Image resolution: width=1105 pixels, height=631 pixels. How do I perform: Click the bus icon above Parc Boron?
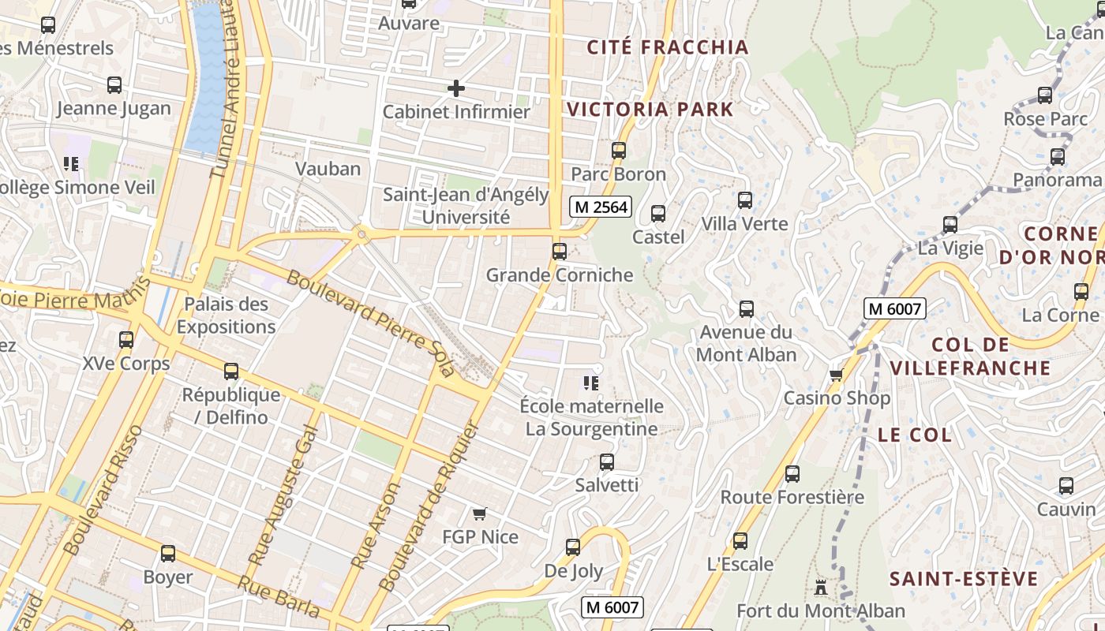click(x=619, y=150)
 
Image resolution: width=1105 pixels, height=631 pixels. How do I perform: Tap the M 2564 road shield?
click(x=601, y=207)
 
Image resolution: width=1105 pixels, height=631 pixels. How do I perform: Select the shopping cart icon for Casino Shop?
click(x=837, y=375)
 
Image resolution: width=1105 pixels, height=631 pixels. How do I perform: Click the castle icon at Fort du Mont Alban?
click(x=821, y=588)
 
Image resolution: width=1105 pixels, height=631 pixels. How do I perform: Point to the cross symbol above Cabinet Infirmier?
click(x=455, y=88)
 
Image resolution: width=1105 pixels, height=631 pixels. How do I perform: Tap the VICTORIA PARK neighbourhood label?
click(x=650, y=110)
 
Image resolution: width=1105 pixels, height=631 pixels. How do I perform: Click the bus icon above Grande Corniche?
click(x=559, y=252)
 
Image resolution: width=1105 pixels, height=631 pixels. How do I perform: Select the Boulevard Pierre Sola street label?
click(x=370, y=323)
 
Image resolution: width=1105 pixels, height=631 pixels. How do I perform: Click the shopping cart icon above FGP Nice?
click(x=479, y=514)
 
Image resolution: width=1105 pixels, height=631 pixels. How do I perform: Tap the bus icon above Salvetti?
click(x=606, y=462)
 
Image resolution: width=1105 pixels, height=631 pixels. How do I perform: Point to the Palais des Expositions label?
click(x=226, y=315)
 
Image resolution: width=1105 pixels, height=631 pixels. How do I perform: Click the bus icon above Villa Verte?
click(x=745, y=200)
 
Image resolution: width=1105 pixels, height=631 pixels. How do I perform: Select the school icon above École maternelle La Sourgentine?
click(x=591, y=383)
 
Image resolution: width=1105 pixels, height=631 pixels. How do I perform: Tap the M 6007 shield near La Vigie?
click(x=894, y=309)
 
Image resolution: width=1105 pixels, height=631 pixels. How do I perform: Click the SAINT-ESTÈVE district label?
click(x=964, y=580)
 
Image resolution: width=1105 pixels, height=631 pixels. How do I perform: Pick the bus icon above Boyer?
click(x=167, y=554)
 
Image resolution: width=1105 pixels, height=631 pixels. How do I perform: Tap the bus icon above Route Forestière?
click(x=792, y=474)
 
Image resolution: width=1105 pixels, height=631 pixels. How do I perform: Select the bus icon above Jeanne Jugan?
click(x=114, y=85)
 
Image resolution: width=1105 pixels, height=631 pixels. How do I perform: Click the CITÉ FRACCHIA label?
click(x=668, y=47)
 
